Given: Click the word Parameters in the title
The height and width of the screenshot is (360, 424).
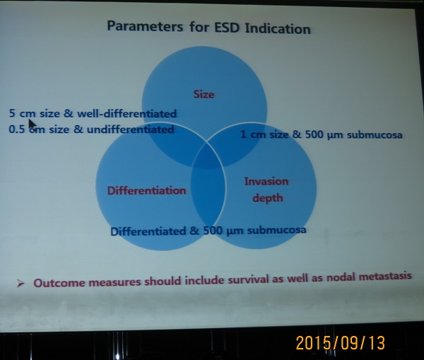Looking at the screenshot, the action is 145,27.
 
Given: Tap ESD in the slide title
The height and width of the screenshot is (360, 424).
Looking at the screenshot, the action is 227,28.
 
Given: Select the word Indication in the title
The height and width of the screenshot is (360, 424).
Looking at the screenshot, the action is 278,29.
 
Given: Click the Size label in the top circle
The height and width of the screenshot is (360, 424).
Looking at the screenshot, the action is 204,94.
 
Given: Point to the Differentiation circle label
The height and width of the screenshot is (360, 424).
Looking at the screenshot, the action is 146,190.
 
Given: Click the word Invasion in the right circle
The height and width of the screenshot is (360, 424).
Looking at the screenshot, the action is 266,181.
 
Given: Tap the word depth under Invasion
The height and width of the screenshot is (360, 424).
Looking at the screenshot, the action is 268,198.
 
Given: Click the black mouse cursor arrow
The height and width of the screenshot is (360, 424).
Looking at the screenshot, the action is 33,125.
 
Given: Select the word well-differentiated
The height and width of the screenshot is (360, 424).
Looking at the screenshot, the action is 126,114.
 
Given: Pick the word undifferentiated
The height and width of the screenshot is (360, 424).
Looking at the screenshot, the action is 130,129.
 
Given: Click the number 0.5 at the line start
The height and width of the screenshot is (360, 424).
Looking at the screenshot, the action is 17,129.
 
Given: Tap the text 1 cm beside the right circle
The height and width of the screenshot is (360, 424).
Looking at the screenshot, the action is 253,134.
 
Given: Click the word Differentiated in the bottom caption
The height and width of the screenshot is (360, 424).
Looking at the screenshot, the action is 148,231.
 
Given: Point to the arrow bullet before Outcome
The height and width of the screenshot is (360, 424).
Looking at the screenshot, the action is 20,284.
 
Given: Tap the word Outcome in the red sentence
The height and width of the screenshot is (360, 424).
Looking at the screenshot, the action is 60,283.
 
